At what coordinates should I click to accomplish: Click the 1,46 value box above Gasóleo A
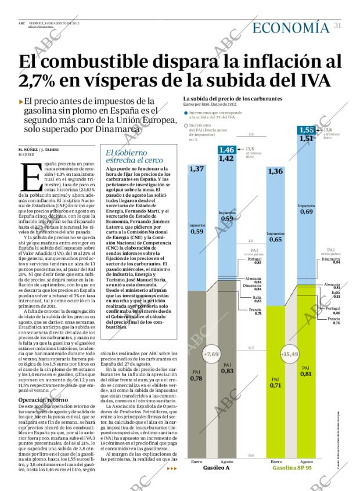[226, 150]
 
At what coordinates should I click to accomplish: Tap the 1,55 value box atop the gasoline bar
[307, 130]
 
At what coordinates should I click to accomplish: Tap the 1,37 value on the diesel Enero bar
[196, 168]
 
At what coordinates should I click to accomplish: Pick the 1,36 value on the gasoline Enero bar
[276, 171]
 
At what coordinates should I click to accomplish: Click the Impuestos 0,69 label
[306, 209]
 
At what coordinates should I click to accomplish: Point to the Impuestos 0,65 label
[276, 237]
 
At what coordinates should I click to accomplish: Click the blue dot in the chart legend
[186, 114]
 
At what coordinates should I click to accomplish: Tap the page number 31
[337, 25]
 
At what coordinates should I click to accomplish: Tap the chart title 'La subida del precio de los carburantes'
[232, 99]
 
